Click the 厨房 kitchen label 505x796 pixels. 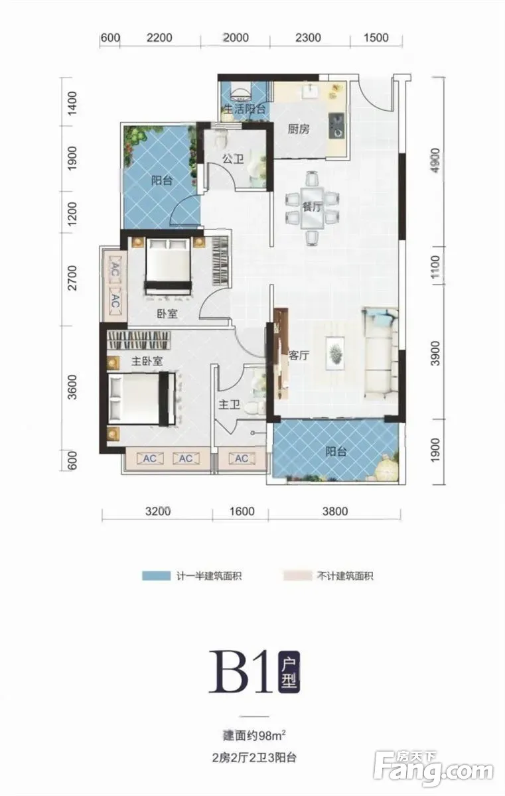point(298,129)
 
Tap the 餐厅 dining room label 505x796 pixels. point(312,207)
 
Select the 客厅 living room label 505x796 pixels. point(299,355)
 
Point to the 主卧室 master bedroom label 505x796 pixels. point(147,362)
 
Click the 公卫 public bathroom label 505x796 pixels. point(233,159)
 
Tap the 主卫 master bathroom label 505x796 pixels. point(229,405)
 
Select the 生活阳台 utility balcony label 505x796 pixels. point(244,109)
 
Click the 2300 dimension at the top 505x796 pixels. point(308,38)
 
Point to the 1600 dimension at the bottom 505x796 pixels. point(242,511)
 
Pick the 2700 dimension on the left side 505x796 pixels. point(72,278)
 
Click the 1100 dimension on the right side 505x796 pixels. point(435,267)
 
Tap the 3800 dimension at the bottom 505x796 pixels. point(335,511)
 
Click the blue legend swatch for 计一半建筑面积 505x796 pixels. point(157,576)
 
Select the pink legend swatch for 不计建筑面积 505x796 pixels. point(297,576)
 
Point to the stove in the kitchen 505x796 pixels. point(336,126)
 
